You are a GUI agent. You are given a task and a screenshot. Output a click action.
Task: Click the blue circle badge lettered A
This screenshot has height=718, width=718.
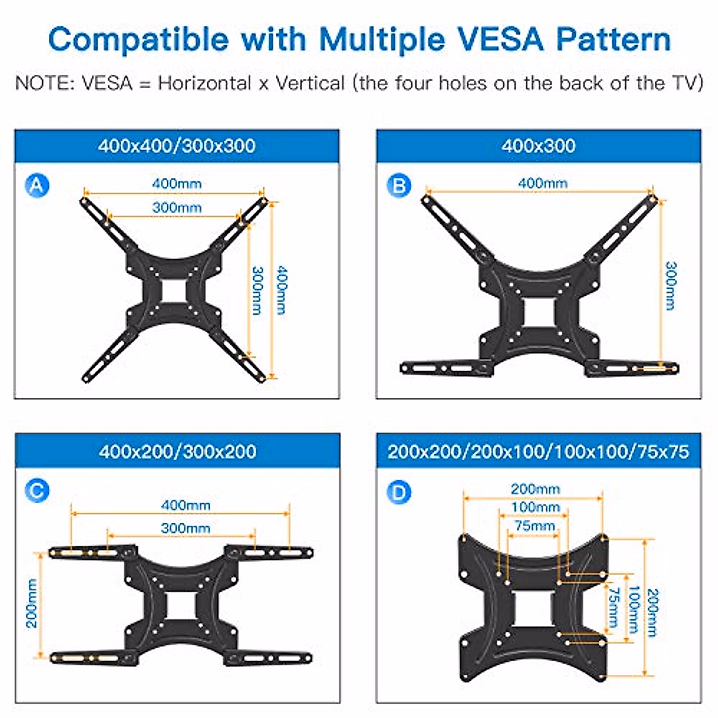(37, 185)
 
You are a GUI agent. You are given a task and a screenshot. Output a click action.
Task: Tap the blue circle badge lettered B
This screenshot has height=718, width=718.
(399, 185)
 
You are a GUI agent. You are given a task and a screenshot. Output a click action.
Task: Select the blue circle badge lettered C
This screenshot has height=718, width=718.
(37, 491)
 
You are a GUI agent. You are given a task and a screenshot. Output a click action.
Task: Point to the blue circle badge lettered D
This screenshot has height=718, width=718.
(399, 492)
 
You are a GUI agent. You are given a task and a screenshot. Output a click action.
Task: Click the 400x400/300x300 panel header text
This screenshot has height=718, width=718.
(177, 145)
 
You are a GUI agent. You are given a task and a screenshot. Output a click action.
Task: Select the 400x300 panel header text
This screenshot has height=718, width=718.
(538, 145)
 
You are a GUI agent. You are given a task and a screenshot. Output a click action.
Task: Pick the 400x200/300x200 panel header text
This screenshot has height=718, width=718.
(178, 451)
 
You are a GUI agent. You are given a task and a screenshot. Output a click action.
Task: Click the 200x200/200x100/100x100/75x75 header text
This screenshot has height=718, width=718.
(538, 451)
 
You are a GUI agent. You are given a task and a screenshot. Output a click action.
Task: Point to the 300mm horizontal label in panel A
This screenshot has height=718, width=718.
(177, 208)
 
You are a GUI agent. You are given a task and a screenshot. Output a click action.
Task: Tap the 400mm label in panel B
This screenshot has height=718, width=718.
(542, 183)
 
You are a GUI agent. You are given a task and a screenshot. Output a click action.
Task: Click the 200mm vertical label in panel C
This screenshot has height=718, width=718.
(32, 603)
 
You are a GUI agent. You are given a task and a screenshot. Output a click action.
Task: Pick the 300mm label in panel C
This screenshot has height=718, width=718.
(185, 528)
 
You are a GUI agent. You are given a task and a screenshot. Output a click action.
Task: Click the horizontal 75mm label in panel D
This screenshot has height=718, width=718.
(534, 526)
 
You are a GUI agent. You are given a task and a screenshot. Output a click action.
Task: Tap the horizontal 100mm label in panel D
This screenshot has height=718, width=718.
(535, 507)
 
